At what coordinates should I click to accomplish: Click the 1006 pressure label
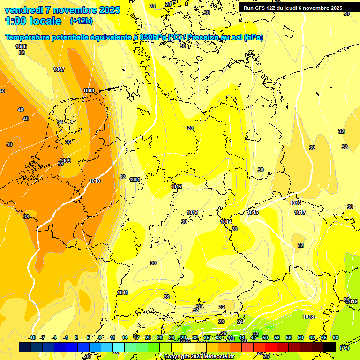21,46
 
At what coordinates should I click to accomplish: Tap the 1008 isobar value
89,90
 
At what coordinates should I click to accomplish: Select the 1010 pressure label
95,181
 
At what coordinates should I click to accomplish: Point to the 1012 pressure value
176,187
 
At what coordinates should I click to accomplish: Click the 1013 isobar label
192,212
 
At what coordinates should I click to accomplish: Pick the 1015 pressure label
253,212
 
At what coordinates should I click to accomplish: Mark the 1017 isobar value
300,212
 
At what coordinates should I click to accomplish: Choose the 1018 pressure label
308,317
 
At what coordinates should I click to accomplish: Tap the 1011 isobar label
123,292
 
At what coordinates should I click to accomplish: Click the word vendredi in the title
23,10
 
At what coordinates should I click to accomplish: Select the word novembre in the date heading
75,10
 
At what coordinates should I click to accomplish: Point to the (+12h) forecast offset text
81,21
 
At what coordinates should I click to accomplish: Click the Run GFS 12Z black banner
293,8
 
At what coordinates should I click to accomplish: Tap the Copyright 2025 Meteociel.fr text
199,357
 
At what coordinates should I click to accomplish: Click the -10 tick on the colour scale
32,337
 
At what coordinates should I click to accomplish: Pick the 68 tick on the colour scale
336,337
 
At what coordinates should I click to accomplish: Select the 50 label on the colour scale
265,337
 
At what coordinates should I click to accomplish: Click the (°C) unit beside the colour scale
344,347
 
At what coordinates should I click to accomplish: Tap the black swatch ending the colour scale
330,347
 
